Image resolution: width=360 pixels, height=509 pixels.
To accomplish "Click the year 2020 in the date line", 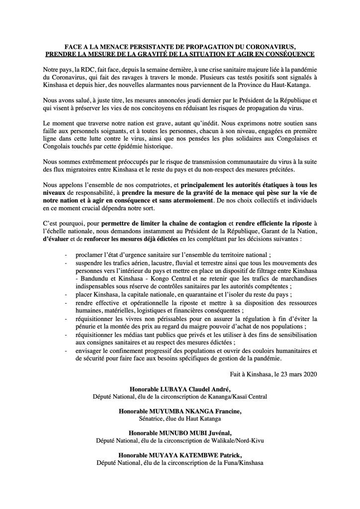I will [x=307, y=374].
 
